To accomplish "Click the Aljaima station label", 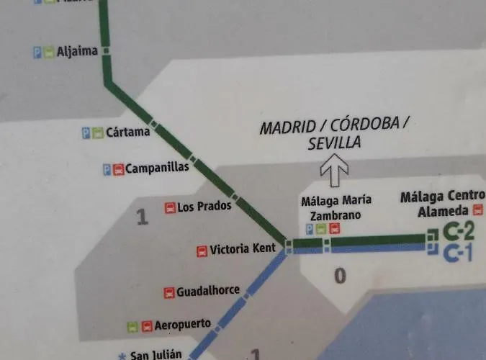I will [77, 51].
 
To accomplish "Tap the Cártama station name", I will [127, 132].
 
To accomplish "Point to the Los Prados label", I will [204, 207].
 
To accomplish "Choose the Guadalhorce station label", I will [208, 290].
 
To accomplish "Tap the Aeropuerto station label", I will [184, 325].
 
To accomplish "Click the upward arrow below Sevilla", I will [334, 172].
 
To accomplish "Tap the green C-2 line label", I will [459, 232].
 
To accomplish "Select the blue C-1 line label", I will [459, 253].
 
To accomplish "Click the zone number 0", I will [341, 274].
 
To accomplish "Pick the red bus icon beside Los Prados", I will [170, 207].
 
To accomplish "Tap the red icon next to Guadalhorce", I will [169, 292].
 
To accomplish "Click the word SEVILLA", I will [334, 143].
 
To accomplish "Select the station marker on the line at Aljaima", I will [106, 51].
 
